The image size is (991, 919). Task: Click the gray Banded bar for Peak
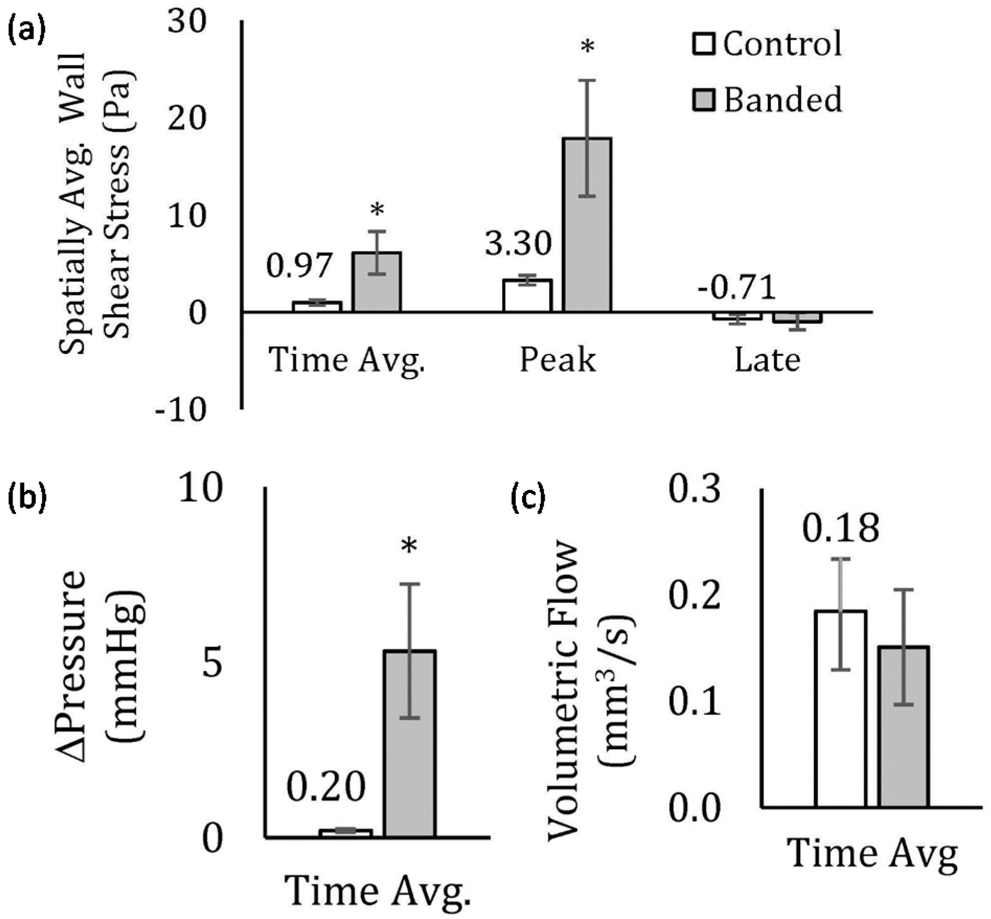[x=587, y=225]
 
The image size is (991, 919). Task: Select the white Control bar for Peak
[x=527, y=296]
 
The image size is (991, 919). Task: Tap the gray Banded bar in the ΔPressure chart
[x=410, y=744]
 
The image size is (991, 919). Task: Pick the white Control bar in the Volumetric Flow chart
[x=841, y=708]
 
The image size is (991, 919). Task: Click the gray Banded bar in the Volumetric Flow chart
[x=903, y=727]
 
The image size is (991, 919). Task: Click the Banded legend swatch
[x=704, y=99]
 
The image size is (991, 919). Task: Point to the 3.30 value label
[x=518, y=243]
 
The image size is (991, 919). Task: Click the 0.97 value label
[x=299, y=265]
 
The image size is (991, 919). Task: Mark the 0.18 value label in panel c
[x=841, y=529]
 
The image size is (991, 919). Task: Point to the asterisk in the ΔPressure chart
[x=409, y=547]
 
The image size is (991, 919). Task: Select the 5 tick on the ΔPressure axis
[x=213, y=664]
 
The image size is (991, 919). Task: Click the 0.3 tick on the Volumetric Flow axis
[x=695, y=493]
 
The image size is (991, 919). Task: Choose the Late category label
[x=767, y=360]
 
